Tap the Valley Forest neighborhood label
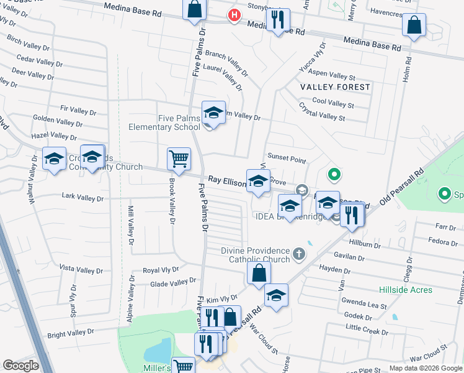point(335,87)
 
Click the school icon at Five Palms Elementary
point(213,113)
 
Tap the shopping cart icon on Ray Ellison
point(179,158)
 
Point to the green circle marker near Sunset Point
point(333,175)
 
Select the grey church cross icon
point(299,254)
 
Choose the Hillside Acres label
point(404,290)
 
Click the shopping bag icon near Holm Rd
point(414,25)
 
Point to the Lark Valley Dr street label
point(83,197)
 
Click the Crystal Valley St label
point(322,116)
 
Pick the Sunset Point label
point(287,160)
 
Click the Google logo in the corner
point(20,366)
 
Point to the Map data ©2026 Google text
point(425,368)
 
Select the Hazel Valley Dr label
point(54,136)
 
